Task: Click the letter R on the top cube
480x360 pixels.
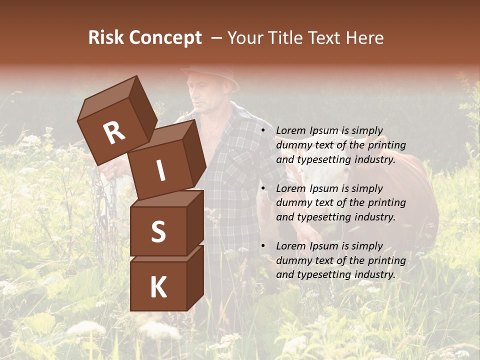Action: coord(114,133)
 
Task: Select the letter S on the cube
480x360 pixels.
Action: coord(158,231)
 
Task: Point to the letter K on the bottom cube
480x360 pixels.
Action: coord(158,287)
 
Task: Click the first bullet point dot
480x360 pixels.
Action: coord(263,130)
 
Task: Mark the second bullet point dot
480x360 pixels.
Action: coord(263,188)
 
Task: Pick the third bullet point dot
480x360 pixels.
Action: coord(263,246)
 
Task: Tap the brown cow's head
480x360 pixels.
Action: coord(320,180)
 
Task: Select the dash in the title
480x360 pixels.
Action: coord(217,38)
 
